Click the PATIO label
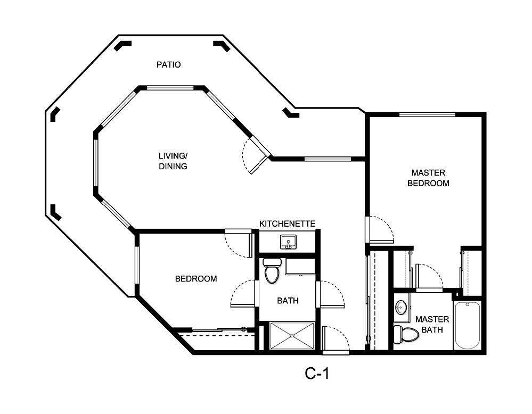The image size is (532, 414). tap(168, 65)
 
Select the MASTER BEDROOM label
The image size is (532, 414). tap(428, 178)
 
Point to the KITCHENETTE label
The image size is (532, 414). tap(288, 223)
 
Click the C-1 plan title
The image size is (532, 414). tap(317, 374)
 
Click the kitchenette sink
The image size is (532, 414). tap(289, 242)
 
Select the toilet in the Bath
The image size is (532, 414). tap(272, 271)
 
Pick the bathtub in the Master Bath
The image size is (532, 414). tap(467, 325)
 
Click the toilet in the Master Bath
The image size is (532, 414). tap(405, 334)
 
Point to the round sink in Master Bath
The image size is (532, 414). tap(401, 307)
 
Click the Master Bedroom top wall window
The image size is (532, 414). tap(427, 114)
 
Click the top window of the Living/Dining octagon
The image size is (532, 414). tap(170, 88)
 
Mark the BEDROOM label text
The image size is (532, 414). tap(196, 279)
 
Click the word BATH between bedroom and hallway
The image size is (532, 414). tap(288, 301)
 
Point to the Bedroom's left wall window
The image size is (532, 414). tap(137, 264)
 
